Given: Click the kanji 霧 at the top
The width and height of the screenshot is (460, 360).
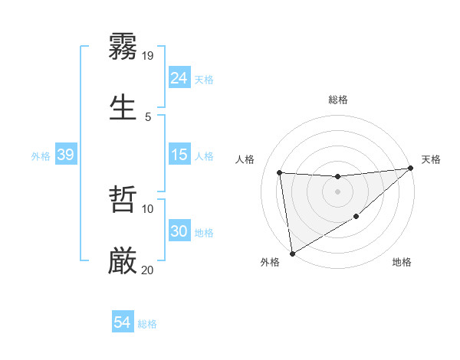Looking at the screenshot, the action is coord(123,47).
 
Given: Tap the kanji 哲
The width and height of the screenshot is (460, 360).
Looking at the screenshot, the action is coord(123,200).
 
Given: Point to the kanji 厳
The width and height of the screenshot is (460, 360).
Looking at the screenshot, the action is coord(123,261).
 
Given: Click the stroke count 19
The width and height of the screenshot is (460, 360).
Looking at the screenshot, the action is coord(149,55).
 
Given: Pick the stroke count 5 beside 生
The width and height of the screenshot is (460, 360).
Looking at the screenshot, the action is coord(148,116).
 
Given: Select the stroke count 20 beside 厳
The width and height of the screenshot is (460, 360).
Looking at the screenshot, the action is coord(148,270).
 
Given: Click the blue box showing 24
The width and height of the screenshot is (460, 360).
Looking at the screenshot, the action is coord(179,78).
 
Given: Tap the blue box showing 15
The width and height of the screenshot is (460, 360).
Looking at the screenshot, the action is coord(179,155).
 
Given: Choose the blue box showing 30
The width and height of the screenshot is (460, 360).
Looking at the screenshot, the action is coord(179,232).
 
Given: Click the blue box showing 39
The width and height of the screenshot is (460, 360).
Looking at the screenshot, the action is coord(65,155).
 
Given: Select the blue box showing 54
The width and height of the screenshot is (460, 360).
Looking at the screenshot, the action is coord(122,323).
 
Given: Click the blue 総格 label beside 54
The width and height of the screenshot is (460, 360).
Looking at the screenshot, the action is coord(147,324).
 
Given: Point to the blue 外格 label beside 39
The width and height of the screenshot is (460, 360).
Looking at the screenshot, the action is coord(41,156).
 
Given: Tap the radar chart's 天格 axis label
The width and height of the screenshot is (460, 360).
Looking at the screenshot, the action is coord(431,159).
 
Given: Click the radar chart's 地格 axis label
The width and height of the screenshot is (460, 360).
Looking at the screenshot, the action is coord(402,263).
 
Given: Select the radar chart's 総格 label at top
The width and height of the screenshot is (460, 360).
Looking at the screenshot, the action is coord(338,100).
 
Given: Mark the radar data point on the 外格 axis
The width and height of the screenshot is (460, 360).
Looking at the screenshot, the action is coord(292,253).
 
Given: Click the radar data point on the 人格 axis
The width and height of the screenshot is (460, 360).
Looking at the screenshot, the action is coord(280,172).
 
